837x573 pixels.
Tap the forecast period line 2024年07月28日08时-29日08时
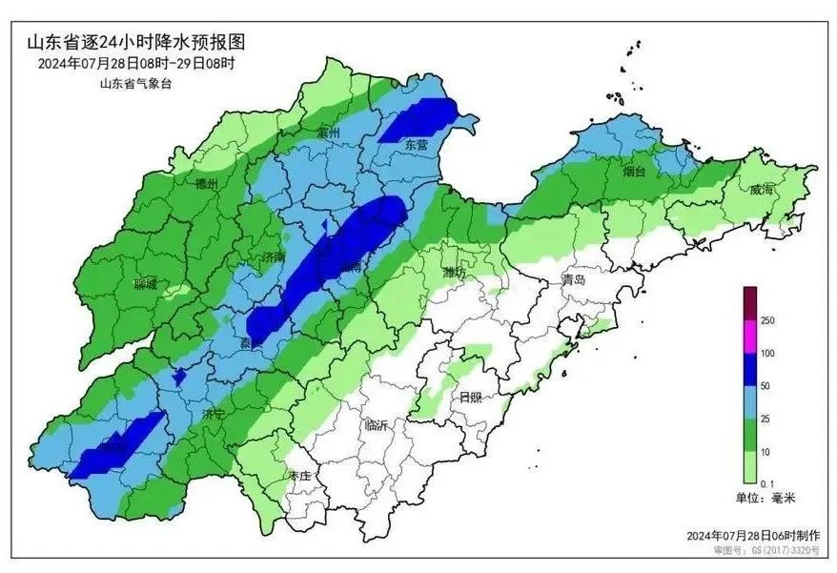136,64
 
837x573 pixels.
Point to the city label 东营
417,145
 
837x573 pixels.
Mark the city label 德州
206,183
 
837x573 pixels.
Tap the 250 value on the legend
767,321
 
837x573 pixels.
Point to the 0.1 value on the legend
767,484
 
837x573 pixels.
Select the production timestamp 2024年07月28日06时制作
759,537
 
